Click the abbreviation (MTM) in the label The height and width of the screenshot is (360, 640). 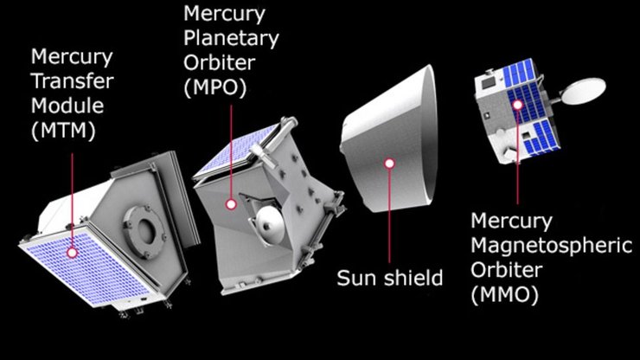(62, 132)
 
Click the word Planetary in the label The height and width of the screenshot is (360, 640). (231, 38)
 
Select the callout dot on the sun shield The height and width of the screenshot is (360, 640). (389, 163)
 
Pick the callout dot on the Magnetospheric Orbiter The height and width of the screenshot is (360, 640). (517, 105)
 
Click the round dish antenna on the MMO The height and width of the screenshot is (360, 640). (586, 89)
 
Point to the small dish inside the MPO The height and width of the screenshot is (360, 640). (270, 227)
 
